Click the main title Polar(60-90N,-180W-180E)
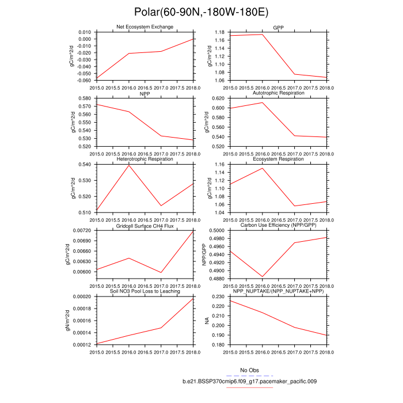(x=201, y=12)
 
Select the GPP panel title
(x=279, y=27)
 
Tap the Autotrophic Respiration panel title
(x=279, y=93)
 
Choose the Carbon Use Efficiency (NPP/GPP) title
(x=279, y=225)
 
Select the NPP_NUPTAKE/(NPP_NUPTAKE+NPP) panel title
(x=279, y=291)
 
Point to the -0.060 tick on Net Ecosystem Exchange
(x=84, y=81)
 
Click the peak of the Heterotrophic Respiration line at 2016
(x=128, y=165)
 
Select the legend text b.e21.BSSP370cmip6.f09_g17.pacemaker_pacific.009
(x=250, y=381)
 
